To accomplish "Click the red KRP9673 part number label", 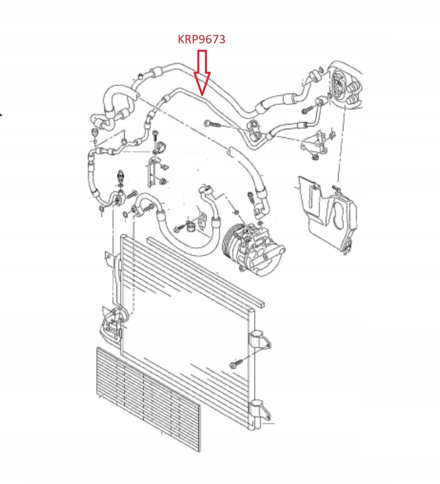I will (x=201, y=40).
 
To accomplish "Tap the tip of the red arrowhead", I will (x=203, y=94).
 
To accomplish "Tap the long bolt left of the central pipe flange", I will (x=214, y=124).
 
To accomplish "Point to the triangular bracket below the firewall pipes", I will (x=313, y=143).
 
